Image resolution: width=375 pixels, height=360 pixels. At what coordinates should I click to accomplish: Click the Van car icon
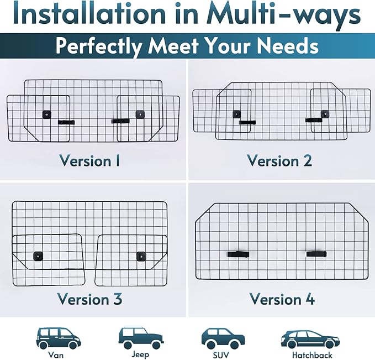click(x=59, y=338)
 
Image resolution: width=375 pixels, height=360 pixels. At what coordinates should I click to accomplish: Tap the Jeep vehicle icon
click(x=141, y=338)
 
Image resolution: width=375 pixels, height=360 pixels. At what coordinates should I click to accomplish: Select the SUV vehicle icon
click(x=223, y=338)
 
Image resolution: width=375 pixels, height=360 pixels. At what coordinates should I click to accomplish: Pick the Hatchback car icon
click(x=310, y=339)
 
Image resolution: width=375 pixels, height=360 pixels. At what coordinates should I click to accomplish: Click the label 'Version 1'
click(x=89, y=160)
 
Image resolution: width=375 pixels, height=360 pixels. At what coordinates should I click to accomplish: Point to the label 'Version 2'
click(x=279, y=160)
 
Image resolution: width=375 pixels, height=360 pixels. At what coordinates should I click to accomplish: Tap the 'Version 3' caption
click(x=89, y=299)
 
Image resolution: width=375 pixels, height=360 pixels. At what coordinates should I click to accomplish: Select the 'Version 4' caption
click(x=282, y=299)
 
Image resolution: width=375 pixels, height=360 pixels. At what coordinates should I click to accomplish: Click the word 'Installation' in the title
click(x=89, y=14)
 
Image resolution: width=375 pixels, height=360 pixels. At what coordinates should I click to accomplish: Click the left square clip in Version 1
click(x=47, y=114)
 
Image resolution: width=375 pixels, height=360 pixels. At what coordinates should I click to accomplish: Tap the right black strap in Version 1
click(x=120, y=121)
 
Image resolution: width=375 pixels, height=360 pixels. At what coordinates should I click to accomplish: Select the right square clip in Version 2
click(x=325, y=114)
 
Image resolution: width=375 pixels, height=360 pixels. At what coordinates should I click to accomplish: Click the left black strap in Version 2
click(x=247, y=122)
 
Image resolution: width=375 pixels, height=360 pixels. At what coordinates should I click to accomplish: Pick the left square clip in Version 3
click(x=38, y=256)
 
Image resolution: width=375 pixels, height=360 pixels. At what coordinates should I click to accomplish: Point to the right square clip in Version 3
click(x=141, y=257)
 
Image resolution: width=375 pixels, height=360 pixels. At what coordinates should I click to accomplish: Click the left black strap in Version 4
click(x=238, y=254)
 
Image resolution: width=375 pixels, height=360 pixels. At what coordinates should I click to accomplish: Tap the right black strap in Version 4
click(x=316, y=254)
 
